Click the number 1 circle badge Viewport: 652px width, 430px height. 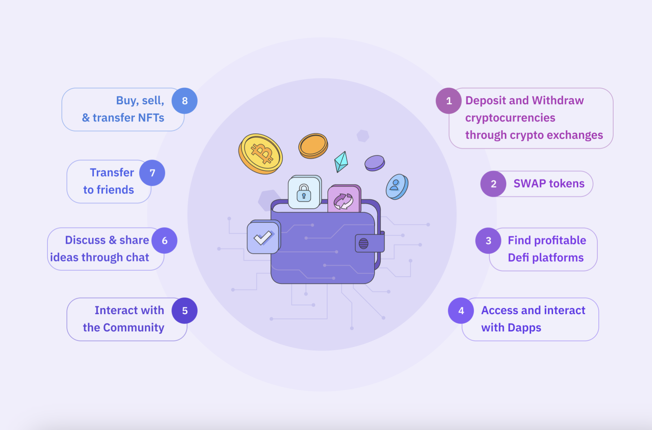pos(449,101)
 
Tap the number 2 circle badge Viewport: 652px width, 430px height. pos(493,184)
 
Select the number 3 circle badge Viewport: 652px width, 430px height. pos(488,241)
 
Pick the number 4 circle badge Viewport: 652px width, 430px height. pos(461,311)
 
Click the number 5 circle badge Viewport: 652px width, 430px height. pos(184,311)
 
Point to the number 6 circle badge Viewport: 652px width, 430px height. pos(165,241)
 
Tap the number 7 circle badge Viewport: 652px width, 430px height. pos(152,173)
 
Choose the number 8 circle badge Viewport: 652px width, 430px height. pos(184,101)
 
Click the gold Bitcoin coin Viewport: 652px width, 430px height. pos(261,154)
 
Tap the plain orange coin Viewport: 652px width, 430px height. pos(313,146)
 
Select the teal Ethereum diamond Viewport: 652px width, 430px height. pos(341,162)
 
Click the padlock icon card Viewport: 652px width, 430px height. pos(305,192)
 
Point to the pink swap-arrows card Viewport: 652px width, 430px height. pos(344,199)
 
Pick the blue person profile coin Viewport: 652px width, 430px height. pos(397,187)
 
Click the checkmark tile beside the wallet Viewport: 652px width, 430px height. pos(264,237)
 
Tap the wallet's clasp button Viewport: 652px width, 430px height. pos(364,244)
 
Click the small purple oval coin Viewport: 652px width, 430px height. pos(375,163)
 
